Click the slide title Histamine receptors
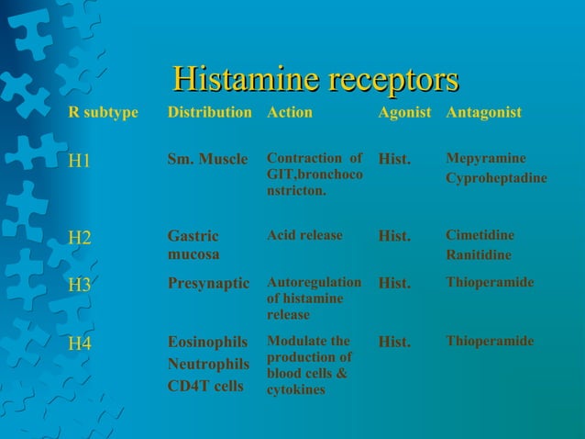click(315, 79)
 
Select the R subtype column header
click(104, 113)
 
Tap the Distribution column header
click(209, 113)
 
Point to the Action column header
click(289, 113)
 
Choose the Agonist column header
click(404, 113)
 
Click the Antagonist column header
click(483, 113)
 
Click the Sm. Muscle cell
click(207, 159)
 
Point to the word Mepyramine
click(486, 158)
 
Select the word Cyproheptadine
click(496, 177)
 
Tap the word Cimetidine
click(480, 235)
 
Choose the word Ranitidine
click(479, 254)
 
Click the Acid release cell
click(304, 235)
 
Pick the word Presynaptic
click(208, 284)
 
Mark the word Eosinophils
click(208, 343)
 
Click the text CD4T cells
click(205, 386)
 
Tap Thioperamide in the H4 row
click(490, 341)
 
